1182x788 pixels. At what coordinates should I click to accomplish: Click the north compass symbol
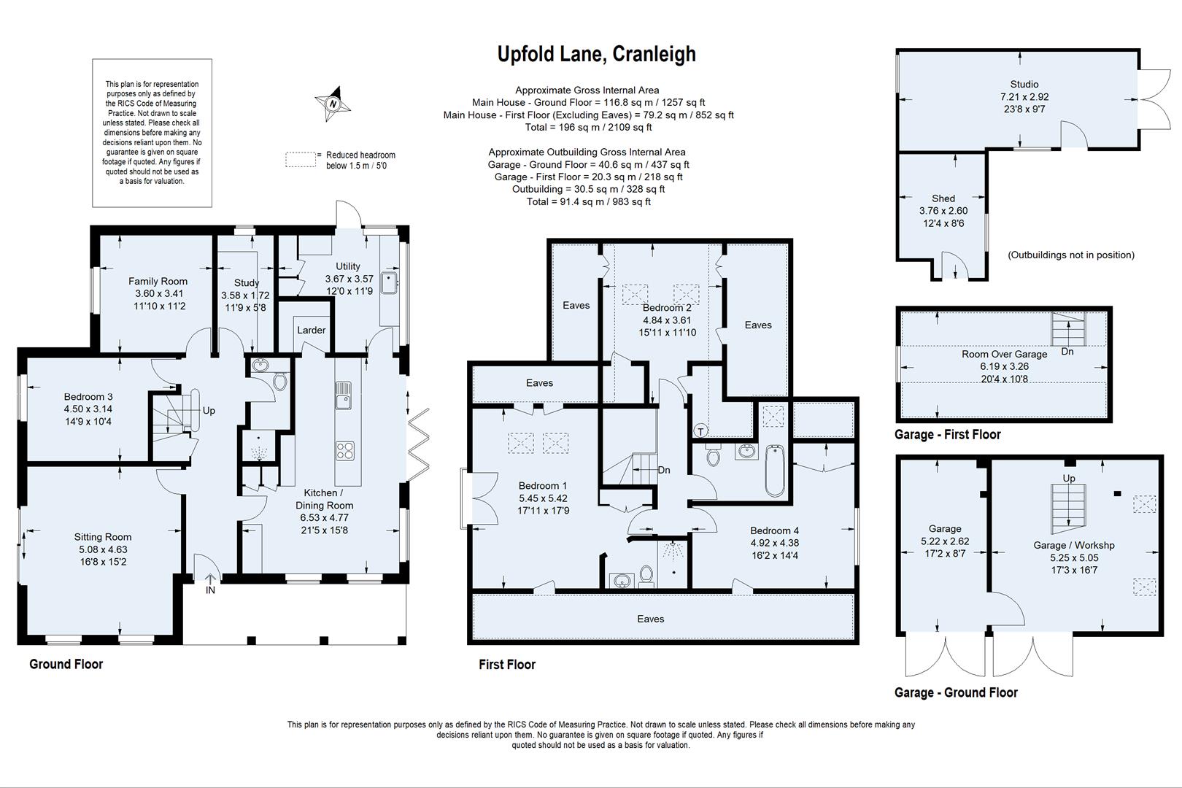point(333,104)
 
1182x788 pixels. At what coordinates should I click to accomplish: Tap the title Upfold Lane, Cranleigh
point(596,54)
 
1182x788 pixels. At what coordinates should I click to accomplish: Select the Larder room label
point(311,330)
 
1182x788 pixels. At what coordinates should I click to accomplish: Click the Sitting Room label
point(103,537)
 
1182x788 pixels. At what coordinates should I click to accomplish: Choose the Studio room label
point(1024,84)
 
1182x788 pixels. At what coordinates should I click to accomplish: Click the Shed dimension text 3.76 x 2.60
point(943,211)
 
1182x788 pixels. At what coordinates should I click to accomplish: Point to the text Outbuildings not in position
point(1070,255)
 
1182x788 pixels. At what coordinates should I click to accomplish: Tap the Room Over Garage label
point(1004,354)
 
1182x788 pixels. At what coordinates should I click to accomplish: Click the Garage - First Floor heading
point(947,434)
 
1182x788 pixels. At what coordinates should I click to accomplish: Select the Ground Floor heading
point(66,664)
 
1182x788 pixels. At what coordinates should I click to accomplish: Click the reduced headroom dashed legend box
point(300,160)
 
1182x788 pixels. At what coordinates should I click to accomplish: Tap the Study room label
point(247,282)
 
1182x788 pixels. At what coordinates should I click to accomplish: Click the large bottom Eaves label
point(650,619)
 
